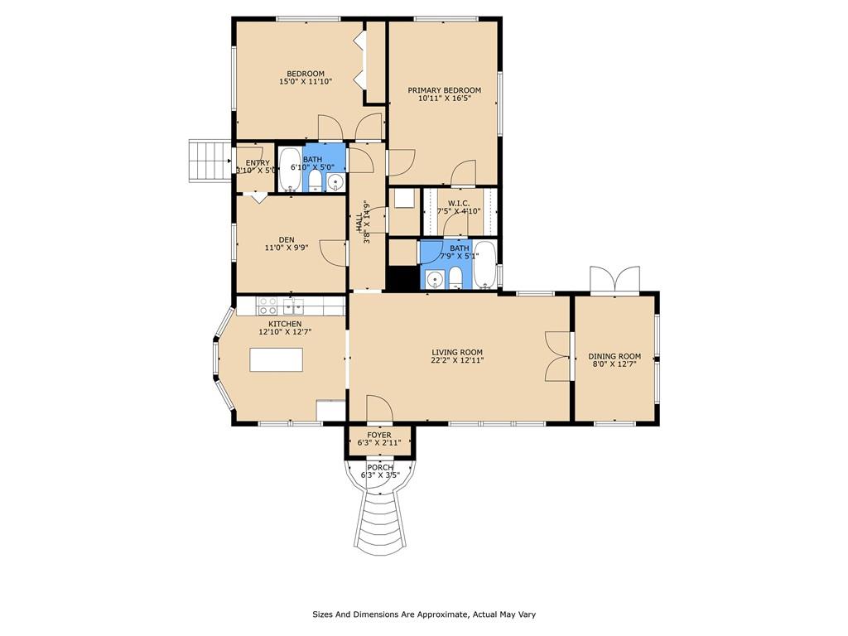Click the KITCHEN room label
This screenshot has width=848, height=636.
[285, 324]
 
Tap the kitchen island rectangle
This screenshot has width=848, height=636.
[276, 359]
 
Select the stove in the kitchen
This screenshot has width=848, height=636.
[267, 306]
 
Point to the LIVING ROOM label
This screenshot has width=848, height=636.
[457, 352]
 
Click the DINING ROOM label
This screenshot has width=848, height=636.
[614, 356]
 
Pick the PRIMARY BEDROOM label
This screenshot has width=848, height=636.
[444, 90]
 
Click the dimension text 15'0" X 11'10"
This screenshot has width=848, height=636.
[306, 82]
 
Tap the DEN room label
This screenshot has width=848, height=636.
[287, 239]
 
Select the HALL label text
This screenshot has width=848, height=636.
[359, 222]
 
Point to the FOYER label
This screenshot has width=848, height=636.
[379, 435]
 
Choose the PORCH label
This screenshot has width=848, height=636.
[380, 467]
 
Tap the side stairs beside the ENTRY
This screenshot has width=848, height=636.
[210, 161]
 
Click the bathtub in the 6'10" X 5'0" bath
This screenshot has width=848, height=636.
[291, 170]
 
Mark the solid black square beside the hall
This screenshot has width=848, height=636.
[403, 279]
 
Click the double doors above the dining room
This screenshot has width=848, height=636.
[615, 280]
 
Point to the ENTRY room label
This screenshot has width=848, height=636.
[258, 163]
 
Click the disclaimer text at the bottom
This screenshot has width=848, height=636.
[424, 614]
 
